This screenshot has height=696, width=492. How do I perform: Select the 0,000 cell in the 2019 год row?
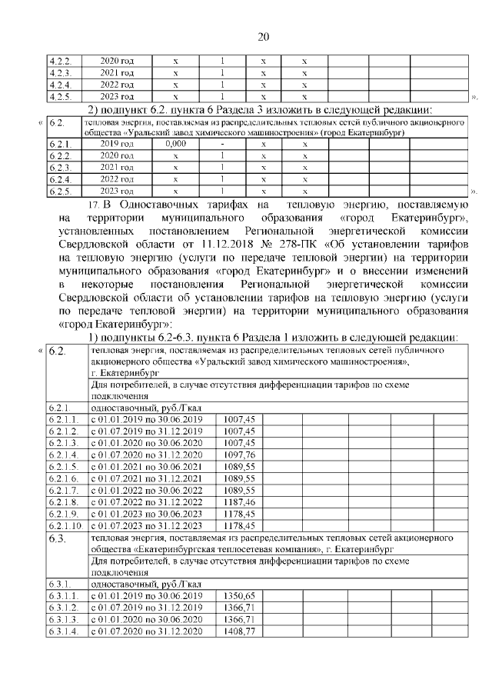coord(176,143)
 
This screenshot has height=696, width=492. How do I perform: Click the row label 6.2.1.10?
coord(66,526)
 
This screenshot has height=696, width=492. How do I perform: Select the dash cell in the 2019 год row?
coord(221,143)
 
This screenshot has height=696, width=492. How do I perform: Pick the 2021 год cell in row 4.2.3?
coord(118,72)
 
